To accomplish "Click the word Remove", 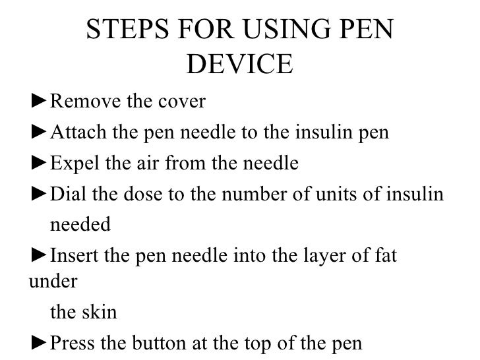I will point(82,103).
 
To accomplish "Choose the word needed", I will point(80,225).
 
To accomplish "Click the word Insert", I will point(75,255).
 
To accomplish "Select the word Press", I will point(74,343).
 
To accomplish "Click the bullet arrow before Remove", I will point(40,103).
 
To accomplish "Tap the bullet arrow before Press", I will point(40,343).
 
